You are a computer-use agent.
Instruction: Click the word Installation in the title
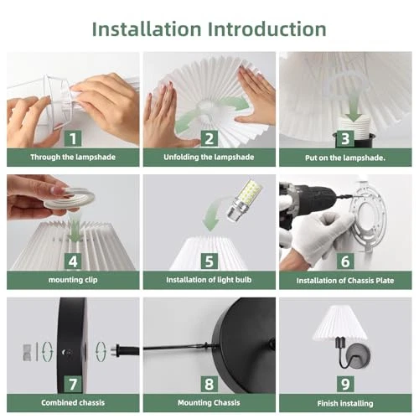(147, 29)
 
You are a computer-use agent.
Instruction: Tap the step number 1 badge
(73, 138)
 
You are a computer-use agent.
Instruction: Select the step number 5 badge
(209, 261)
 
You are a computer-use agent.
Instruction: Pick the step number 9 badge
(345, 384)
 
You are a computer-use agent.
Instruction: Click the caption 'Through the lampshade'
(73, 157)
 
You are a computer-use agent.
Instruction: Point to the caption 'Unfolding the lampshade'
(209, 157)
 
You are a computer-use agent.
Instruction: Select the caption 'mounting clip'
(73, 280)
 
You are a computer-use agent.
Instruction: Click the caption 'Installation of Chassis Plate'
(345, 281)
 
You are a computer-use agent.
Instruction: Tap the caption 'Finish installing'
(345, 403)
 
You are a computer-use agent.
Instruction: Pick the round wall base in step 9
(359, 357)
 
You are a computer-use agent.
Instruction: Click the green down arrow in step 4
(74, 228)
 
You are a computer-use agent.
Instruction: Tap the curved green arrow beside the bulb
(213, 214)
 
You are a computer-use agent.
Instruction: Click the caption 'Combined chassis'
(73, 402)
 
